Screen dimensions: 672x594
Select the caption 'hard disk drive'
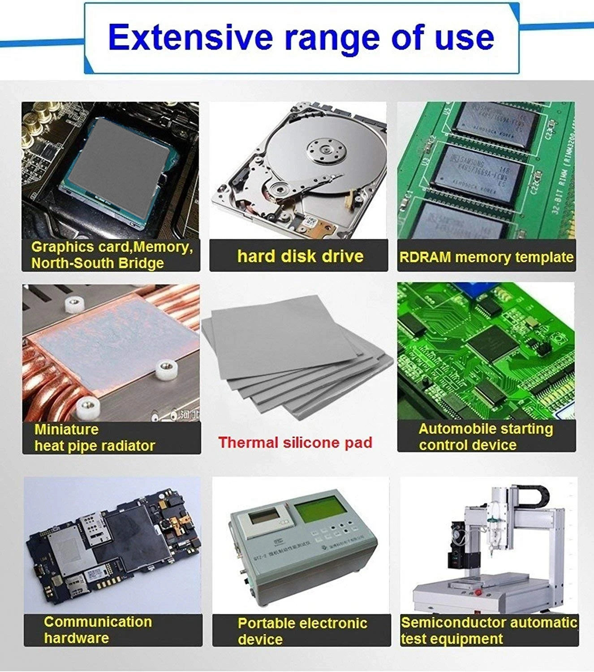click(300, 256)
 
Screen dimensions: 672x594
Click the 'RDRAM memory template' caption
click(486, 257)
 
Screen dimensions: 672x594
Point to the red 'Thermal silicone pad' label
click(295, 442)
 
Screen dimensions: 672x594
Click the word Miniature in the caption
click(66, 429)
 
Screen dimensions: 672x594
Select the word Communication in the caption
click(98, 621)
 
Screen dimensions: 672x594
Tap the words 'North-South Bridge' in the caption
click(97, 263)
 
